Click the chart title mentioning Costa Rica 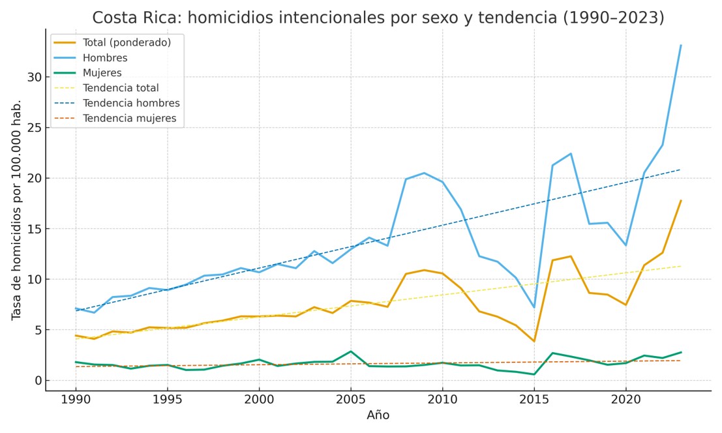point(378,18)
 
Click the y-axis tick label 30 point(35,77)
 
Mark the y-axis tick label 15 point(35,229)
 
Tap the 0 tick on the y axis point(38,381)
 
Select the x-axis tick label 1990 point(76,399)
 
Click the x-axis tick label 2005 point(351,399)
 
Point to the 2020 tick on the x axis point(626,399)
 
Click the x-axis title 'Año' point(378,415)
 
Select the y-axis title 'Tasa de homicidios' point(17,209)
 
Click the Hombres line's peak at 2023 point(681,45)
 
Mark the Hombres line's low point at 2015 point(534,307)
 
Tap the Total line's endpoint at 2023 point(681,200)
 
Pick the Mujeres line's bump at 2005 point(351,351)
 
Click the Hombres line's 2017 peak point(571,154)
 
